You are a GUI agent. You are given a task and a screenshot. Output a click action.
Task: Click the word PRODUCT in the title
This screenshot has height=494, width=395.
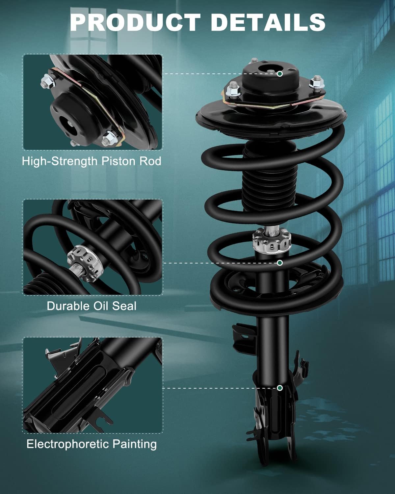tap(135, 22)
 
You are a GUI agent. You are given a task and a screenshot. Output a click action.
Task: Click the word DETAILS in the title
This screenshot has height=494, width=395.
tap(268, 22)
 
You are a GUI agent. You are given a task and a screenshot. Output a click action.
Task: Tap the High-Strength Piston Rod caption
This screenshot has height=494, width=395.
tap(92, 161)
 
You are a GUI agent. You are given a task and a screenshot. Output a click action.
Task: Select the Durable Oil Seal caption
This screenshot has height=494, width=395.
tap(92, 306)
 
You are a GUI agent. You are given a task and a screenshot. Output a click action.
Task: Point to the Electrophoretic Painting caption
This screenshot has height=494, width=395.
tap(92, 444)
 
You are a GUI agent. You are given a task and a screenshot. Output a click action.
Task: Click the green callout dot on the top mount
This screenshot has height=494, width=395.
tap(279, 74)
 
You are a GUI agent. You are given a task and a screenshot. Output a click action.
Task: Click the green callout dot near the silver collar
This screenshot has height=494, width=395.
tap(279, 263)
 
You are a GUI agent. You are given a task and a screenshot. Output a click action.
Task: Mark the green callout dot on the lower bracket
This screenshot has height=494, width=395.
tap(279, 388)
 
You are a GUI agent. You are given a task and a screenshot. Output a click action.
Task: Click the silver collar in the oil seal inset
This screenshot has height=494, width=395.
tap(84, 263)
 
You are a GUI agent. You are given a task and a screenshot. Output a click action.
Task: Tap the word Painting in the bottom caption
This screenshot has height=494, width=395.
tap(135, 444)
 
